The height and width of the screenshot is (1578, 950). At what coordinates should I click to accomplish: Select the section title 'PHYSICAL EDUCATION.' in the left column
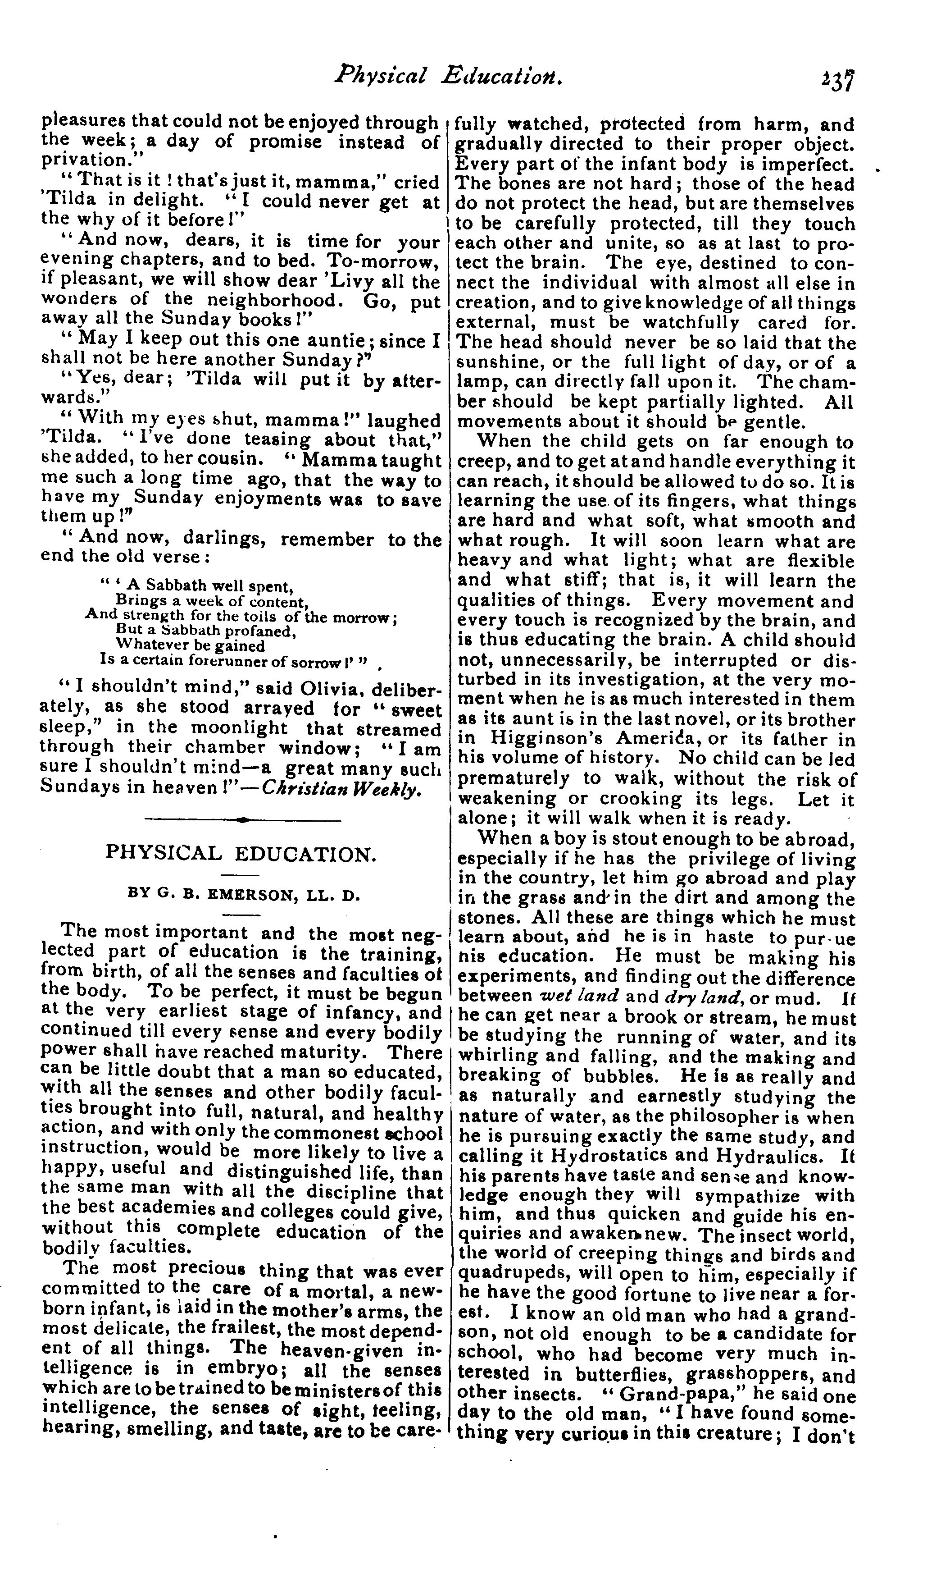tap(240, 854)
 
